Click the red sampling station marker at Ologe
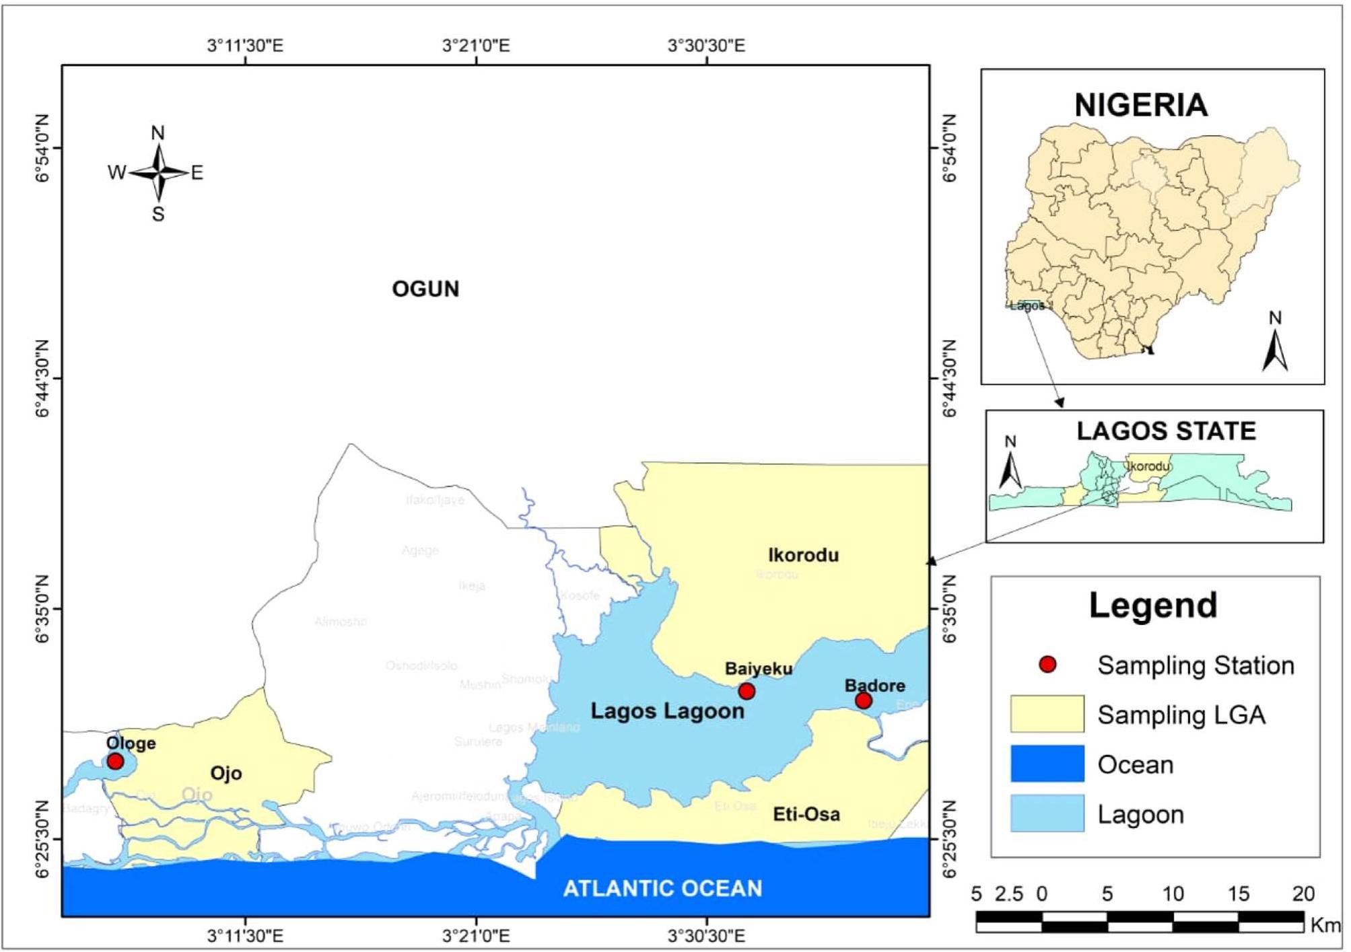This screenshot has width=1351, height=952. pos(115,761)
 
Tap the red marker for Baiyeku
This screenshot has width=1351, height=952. pos(746,691)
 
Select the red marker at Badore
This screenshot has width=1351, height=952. pos(863,701)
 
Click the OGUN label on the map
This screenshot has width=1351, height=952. pos(425,289)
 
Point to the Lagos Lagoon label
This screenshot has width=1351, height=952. pos(667,711)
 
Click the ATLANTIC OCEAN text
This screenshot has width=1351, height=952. pos(662,889)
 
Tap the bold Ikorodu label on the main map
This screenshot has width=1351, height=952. pos(803,555)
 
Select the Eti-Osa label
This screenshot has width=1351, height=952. pos(806,814)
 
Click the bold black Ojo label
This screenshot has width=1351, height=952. pos(226,773)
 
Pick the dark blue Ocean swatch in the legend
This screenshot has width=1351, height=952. pos(1047,764)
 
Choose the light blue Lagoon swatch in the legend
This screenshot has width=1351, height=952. pos(1047,813)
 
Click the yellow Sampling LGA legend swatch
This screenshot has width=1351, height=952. pos(1047,714)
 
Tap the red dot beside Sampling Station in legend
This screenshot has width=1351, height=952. pos(1047,665)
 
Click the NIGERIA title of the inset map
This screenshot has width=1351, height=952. pos(1141,105)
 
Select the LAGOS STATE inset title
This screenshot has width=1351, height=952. pos(1166,431)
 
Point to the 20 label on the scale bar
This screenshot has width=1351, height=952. pos(1303,893)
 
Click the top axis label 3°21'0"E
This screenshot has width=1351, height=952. pos(476,46)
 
